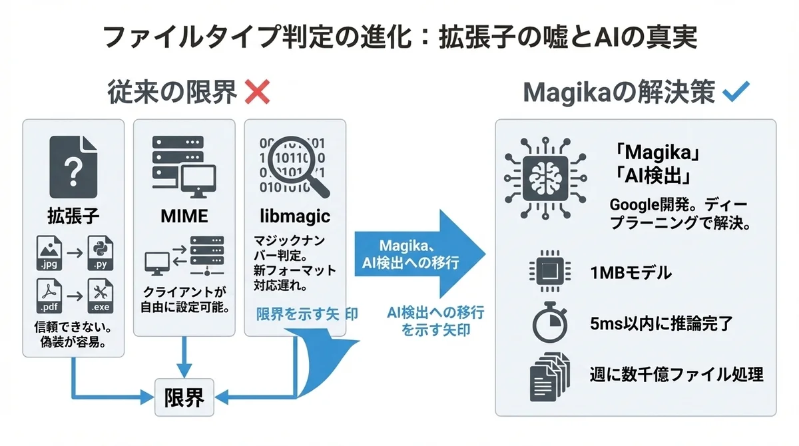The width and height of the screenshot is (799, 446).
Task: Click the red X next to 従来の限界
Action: [x=257, y=93]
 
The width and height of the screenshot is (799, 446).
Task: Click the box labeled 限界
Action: [x=184, y=398]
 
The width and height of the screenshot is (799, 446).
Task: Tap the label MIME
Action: [x=184, y=216]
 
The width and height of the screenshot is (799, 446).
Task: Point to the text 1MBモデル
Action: [x=630, y=272]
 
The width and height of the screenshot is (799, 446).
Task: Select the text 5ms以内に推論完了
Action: [x=661, y=324]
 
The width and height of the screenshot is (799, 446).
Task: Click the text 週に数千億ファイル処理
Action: [x=676, y=374]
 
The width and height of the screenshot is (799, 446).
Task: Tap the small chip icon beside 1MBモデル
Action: [x=549, y=272]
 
